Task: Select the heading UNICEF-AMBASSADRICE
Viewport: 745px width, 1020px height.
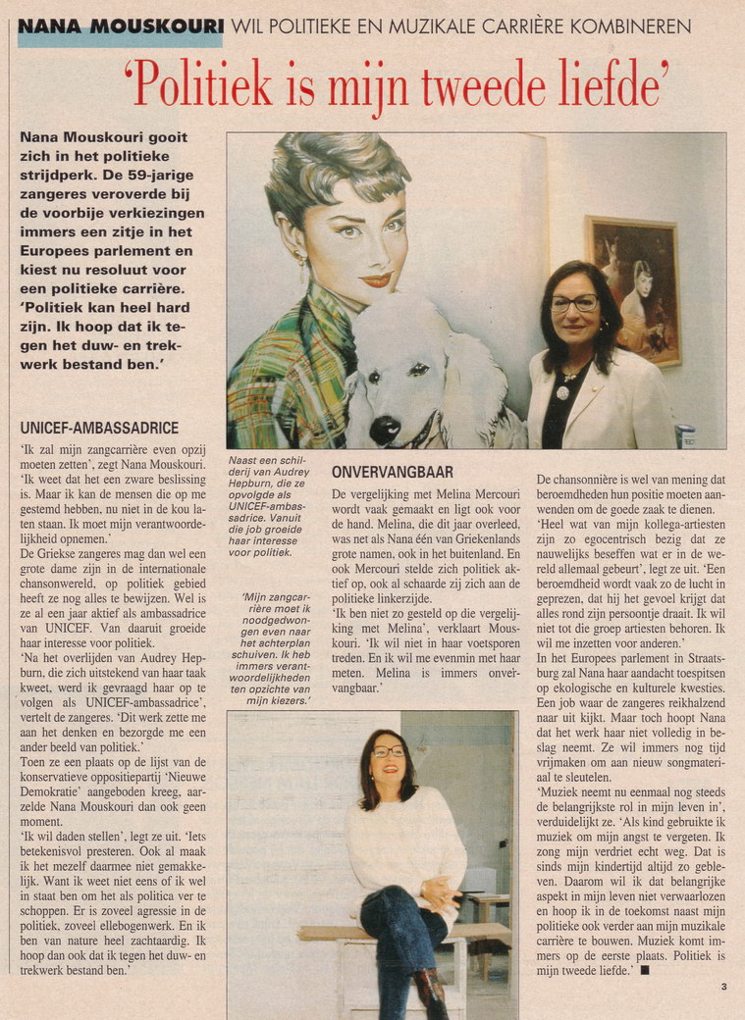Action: point(99,428)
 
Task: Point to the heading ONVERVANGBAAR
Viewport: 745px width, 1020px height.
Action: point(393,472)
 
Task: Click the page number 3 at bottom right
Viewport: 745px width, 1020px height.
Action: point(723,987)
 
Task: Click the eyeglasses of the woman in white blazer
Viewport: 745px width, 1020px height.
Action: point(575,302)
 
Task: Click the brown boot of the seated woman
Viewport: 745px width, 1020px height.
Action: point(429,993)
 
